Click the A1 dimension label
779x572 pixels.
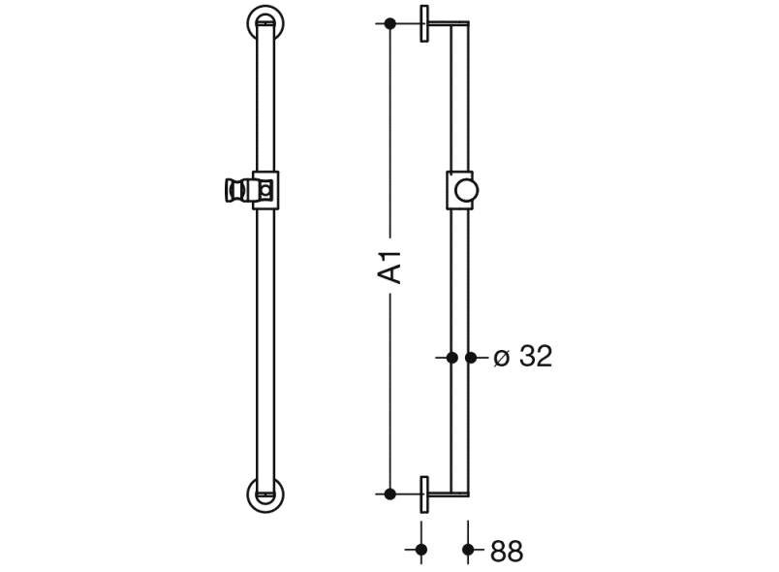point(389,268)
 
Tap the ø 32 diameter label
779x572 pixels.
point(523,357)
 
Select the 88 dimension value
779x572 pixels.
point(507,551)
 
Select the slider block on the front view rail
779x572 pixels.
point(265,190)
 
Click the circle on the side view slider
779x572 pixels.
point(466,190)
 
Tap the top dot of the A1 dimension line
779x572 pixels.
point(390,23)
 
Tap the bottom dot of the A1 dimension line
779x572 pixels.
point(390,494)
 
